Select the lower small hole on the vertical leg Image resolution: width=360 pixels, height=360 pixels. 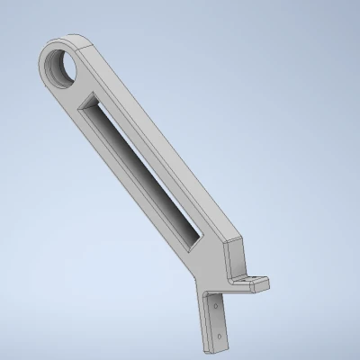(219, 336)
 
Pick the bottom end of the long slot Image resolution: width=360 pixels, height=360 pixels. (195, 240)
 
